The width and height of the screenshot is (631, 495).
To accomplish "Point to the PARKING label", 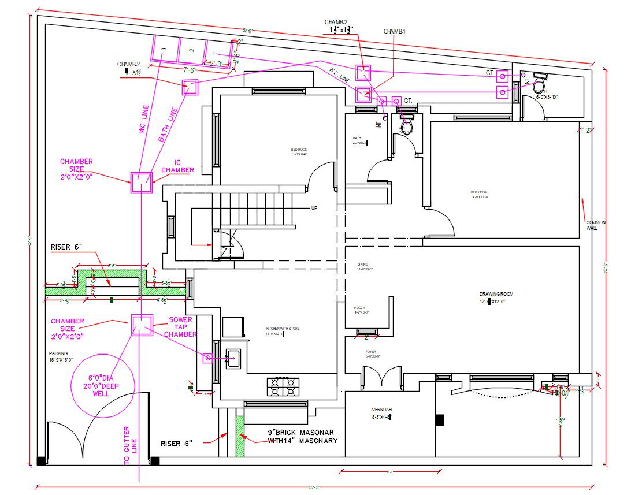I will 58,353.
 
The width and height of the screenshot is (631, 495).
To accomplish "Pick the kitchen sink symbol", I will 234,358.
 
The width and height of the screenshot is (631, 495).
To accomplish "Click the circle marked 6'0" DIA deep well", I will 102,385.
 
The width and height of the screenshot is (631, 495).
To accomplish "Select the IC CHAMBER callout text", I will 177,166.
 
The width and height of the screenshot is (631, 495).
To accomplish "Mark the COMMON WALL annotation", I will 595,225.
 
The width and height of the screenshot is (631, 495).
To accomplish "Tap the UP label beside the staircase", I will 314,208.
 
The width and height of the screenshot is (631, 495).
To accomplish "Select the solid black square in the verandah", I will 439,420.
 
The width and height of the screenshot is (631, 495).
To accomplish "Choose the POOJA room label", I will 359,308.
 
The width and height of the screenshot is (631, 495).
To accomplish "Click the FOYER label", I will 370,351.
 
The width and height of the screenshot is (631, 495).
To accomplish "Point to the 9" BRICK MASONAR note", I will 301,432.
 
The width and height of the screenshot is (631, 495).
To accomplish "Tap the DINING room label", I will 363,265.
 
